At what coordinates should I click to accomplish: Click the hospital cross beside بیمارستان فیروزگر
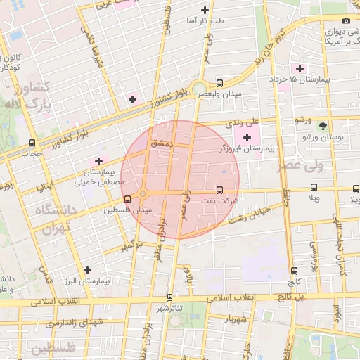tap(246, 136)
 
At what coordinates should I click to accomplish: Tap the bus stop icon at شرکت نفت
tap(219, 190)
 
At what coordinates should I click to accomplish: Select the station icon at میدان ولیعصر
tap(220, 82)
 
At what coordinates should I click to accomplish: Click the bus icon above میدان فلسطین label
tap(127, 199)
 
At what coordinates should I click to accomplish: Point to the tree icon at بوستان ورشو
tap(323, 126)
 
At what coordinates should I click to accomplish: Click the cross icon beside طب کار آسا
tap(205, 10)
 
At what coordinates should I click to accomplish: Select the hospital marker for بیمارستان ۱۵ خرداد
tap(300, 68)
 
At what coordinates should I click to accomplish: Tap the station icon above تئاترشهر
tap(169, 297)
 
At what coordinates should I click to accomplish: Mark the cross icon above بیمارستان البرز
tap(87, 270)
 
